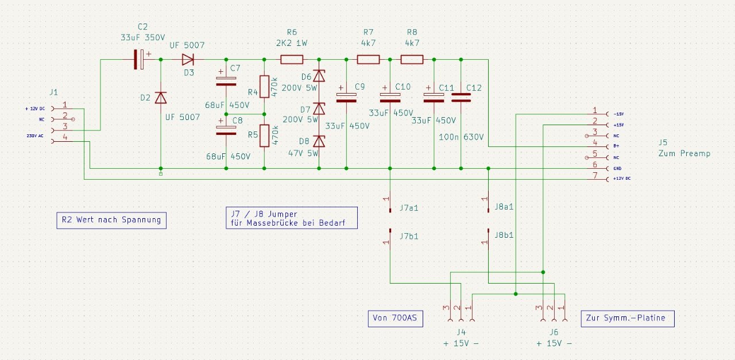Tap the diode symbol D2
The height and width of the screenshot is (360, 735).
coord(160,98)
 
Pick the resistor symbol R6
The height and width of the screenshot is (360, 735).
coord(292,59)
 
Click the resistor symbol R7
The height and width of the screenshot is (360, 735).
coord(368,59)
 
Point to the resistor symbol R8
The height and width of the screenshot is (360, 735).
coord(412,59)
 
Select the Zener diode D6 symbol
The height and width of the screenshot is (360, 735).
coord(319,76)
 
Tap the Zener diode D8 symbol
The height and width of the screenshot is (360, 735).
coord(319,141)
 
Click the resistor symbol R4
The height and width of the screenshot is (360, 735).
coord(264,87)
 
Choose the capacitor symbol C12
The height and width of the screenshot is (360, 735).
coord(461,98)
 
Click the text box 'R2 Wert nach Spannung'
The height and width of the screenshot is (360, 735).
coord(111,220)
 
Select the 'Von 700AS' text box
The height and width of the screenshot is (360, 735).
coord(395,319)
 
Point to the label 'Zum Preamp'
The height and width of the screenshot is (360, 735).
coord(684,153)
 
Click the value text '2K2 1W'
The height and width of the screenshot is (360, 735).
coord(291,42)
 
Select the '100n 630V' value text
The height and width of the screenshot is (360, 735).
coord(461,137)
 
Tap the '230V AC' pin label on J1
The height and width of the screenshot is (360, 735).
coord(35,136)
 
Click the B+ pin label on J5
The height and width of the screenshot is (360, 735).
coord(617,146)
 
